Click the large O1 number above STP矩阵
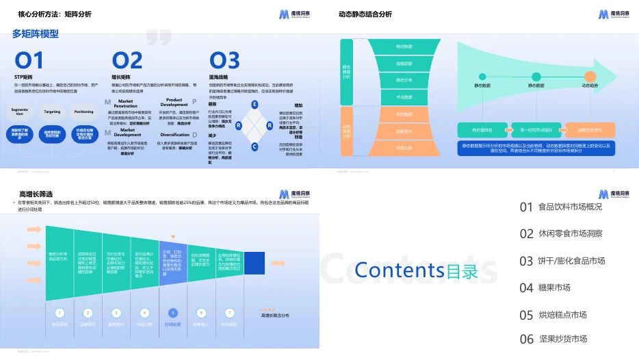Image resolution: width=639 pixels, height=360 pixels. [29, 60]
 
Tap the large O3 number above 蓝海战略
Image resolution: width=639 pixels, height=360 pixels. [224, 60]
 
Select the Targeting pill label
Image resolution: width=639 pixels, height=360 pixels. [52, 111]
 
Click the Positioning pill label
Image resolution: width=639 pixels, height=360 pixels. [83, 111]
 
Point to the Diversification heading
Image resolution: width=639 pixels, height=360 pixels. [174, 135]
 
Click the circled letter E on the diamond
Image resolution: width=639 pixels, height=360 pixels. [255, 104]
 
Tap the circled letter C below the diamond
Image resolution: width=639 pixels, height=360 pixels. [255, 146]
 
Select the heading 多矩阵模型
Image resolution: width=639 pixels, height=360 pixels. [36, 34]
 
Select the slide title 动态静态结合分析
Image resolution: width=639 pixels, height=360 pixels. [365, 14]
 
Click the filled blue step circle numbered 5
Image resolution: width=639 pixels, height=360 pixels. [172, 312]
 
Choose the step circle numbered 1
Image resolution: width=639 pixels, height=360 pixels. [60, 312]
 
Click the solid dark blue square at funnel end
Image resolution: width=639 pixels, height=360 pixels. [255, 263]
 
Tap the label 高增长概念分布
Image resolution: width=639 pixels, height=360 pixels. [275, 316]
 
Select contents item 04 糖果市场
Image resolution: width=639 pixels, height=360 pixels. [545, 287]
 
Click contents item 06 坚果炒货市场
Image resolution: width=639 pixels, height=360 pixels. [553, 339]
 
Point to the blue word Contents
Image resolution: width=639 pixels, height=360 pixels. [399, 271]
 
